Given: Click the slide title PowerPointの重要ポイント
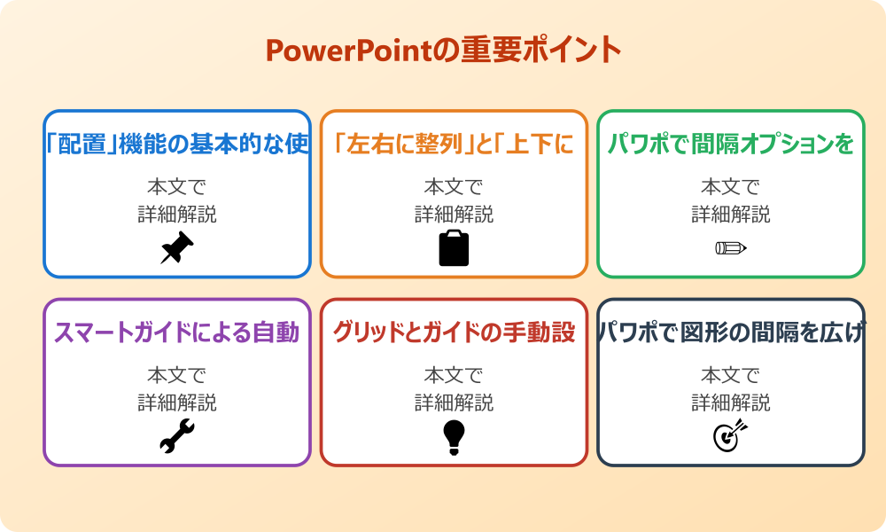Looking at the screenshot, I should pos(443,50).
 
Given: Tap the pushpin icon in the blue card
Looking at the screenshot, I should pos(176,248).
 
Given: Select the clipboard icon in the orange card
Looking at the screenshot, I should pos(454,248).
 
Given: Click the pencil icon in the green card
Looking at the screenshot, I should pos(731,247).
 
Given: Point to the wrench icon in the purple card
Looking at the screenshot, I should pos(176,436).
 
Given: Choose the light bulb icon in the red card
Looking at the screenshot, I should pos(454,436).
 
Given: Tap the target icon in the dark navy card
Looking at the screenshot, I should pos(731,436).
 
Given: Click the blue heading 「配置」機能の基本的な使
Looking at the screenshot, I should pos(177,144).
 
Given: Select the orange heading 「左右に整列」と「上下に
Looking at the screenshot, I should pos(454,144).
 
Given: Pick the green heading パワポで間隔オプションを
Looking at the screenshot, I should pos(731,144).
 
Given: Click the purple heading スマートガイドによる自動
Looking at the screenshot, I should pos(177,332).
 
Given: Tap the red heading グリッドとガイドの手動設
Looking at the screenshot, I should pos(454,332).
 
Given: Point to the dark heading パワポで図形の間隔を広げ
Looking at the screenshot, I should pos(731,332).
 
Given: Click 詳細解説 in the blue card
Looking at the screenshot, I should pos(177,215).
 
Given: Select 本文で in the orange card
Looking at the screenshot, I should pos(454,187).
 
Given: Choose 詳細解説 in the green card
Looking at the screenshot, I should pos(731,215).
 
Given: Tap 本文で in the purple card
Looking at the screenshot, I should pos(177,376).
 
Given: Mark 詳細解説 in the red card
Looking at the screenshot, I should pos(454,403).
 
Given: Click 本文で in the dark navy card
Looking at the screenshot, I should pos(731,376).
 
